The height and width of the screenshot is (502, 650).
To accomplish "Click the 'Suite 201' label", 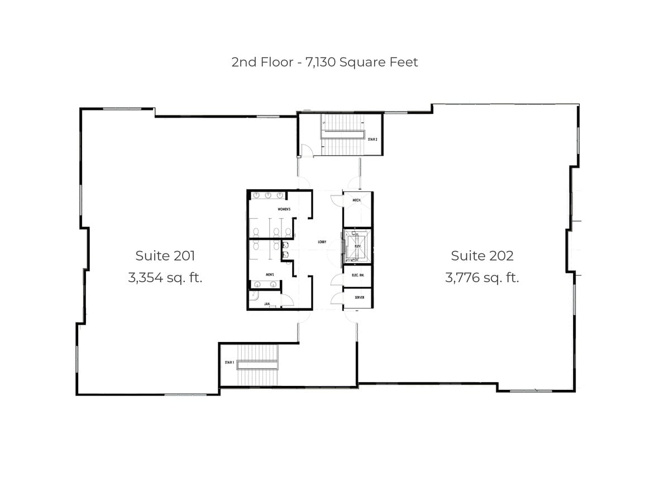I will coord(165,256).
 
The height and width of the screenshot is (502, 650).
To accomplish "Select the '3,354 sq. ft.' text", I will coord(165,277).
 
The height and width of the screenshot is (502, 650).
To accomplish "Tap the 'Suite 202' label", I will coord(482,256).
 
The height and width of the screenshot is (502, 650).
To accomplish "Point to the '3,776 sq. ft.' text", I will coord(482,277).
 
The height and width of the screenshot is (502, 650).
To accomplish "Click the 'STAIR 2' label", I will coord(374,138).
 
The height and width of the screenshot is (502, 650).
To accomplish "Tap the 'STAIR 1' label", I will coord(229,363).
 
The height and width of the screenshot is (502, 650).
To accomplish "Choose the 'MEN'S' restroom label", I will coord(269,275).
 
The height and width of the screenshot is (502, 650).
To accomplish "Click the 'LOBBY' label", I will coord(322,242).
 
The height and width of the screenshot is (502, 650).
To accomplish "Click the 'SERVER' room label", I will coord(360,297).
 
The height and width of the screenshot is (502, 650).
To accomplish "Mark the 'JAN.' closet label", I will coord(267,304).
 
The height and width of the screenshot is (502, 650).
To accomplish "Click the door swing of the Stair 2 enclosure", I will coord(305,151).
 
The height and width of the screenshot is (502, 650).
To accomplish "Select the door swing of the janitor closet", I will coord(286,300).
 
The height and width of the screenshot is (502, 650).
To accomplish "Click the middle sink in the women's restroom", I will coord(268,195).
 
